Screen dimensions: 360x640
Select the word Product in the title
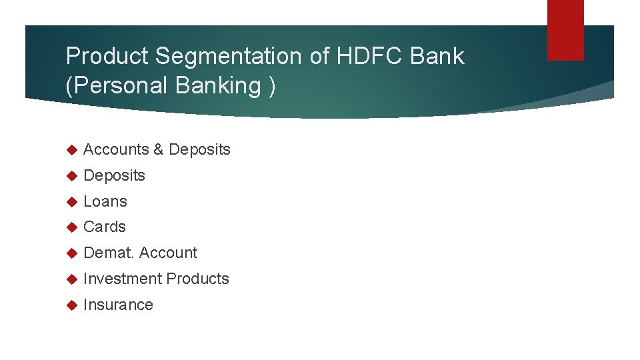click(108, 57)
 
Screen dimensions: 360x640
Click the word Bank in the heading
click(437, 57)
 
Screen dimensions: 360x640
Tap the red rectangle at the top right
click(565, 30)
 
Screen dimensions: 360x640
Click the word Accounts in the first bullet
click(116, 149)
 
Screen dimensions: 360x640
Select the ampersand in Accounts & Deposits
click(158, 149)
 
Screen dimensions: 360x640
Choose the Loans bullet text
click(105, 201)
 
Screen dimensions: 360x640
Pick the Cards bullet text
click(105, 227)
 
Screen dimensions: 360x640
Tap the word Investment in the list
click(123, 279)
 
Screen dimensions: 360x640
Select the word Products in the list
click(197, 279)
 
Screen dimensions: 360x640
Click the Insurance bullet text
click(118, 305)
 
